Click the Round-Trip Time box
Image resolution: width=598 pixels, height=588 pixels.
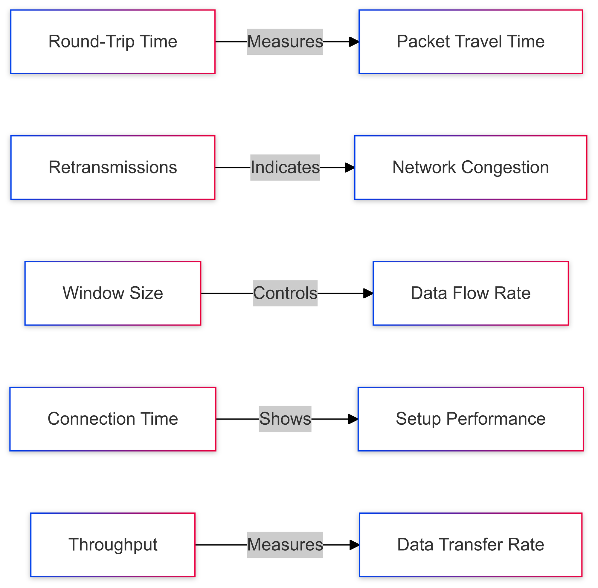[x=112, y=42]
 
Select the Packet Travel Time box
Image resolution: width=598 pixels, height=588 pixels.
[x=470, y=42]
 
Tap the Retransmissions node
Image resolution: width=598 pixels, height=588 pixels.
[x=112, y=168]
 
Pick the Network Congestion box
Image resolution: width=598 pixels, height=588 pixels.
[x=470, y=168]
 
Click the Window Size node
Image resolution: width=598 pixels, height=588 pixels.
[x=112, y=293]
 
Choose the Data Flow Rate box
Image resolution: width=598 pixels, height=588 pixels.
[x=470, y=293]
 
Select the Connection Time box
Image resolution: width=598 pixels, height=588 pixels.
[x=112, y=419]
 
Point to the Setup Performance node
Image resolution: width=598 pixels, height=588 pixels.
[x=470, y=419]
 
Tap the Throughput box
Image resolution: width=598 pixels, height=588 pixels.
[x=112, y=544]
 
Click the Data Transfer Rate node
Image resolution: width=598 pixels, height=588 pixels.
[x=470, y=544]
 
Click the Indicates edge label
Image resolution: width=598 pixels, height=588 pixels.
[x=285, y=168]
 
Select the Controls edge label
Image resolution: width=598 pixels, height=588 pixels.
[x=285, y=293]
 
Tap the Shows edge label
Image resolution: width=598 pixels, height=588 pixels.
[x=285, y=419]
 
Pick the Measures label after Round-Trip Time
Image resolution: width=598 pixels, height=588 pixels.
[x=285, y=42]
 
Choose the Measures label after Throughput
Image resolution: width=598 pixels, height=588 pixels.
[x=285, y=544]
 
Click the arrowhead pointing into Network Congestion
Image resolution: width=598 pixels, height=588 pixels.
[x=350, y=168]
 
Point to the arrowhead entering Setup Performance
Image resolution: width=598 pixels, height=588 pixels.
[x=353, y=419]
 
